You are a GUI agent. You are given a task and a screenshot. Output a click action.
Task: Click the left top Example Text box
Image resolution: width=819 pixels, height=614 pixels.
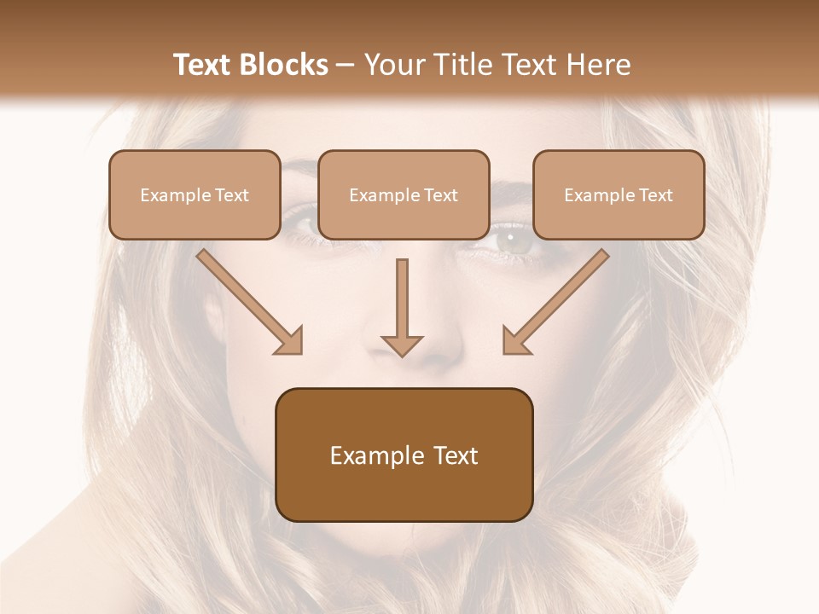[x=195, y=194]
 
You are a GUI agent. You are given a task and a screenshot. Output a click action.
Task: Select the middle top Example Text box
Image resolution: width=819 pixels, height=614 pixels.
[x=404, y=194]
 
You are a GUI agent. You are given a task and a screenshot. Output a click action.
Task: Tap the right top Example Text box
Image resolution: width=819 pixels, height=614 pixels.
[x=619, y=194]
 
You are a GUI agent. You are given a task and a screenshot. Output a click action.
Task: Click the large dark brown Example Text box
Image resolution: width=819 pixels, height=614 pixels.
[x=404, y=455]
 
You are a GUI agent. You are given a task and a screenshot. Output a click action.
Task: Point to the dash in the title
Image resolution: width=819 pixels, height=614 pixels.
[x=346, y=66]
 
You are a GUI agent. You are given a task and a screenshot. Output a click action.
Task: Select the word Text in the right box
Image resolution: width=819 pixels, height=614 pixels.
[x=655, y=195]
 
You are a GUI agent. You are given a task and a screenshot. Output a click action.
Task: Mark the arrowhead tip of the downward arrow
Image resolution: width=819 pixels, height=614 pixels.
[x=402, y=355]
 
